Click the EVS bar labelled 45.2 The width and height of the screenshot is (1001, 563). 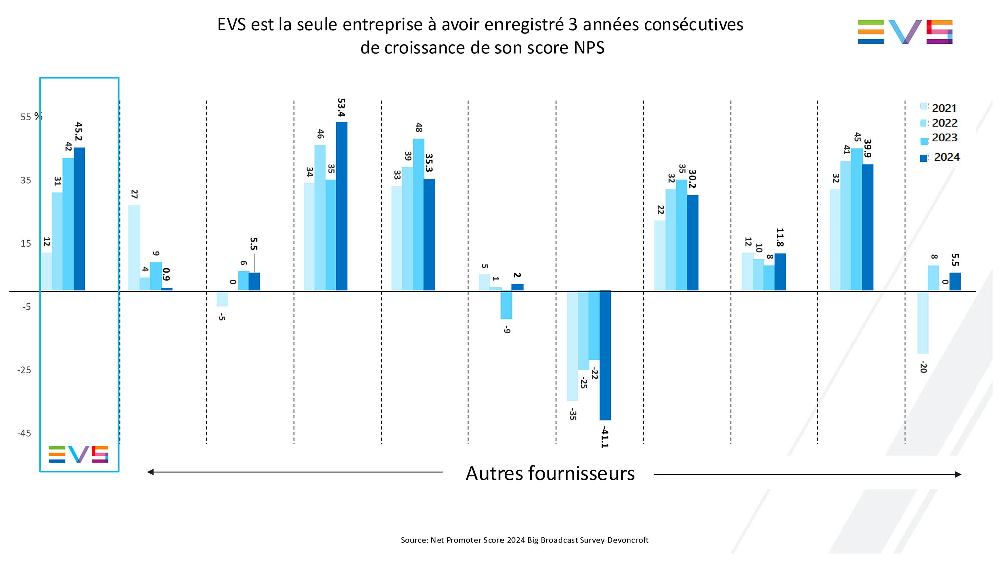pyautogui.click(x=79, y=219)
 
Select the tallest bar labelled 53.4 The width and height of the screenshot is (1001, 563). pyautogui.click(x=342, y=206)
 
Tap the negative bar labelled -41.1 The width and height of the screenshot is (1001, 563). pyautogui.click(x=605, y=355)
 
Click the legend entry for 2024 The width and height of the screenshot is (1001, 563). pyautogui.click(x=940, y=158)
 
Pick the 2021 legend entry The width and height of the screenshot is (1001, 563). pyautogui.click(x=939, y=108)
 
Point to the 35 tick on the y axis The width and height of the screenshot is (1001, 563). pyautogui.click(x=26, y=180)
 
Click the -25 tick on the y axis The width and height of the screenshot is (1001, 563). pyautogui.click(x=24, y=370)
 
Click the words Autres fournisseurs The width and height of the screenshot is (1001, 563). pyautogui.click(x=550, y=473)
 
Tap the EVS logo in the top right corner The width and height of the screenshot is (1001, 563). pyautogui.click(x=905, y=32)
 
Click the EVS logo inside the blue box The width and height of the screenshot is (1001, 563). pyautogui.click(x=78, y=454)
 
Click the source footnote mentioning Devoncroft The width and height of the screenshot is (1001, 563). pyautogui.click(x=524, y=540)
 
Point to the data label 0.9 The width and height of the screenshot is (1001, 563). pyautogui.click(x=166, y=275)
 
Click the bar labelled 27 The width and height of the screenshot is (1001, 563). pyautogui.click(x=134, y=248)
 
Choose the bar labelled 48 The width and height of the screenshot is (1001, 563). pyautogui.click(x=418, y=214)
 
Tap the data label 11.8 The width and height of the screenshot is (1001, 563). pyautogui.click(x=780, y=237)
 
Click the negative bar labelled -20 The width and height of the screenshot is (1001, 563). pyautogui.click(x=923, y=322)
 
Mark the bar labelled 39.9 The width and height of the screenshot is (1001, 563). pyautogui.click(x=867, y=227)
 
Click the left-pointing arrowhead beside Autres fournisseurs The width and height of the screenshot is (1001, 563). pyautogui.click(x=151, y=472)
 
